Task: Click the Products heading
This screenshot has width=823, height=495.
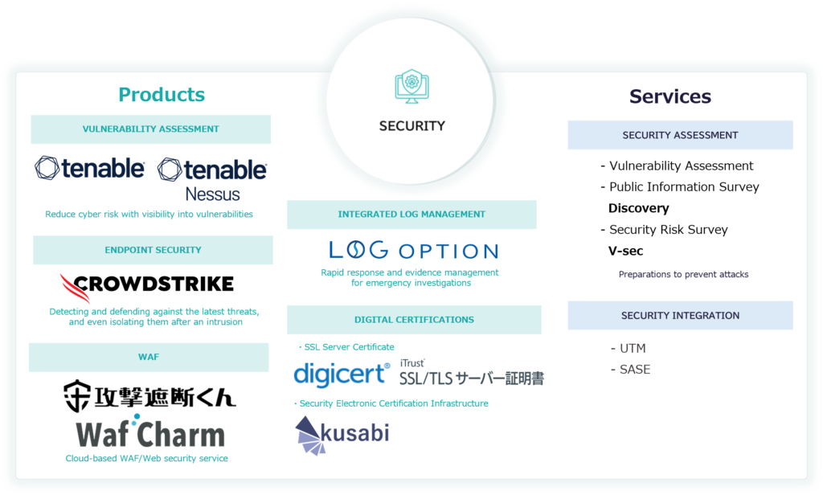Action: point(162,95)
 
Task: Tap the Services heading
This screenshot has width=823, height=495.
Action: point(670,96)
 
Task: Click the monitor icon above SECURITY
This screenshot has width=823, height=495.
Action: point(411,86)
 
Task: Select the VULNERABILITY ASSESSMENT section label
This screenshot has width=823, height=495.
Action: point(151,129)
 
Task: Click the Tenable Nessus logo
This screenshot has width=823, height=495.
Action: point(212,178)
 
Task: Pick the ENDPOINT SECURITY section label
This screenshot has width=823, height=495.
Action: point(153,250)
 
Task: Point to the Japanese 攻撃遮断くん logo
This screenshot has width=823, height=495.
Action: point(150,395)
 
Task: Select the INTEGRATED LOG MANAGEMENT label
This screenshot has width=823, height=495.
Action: point(411,215)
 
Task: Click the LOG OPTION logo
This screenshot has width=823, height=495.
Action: point(413,250)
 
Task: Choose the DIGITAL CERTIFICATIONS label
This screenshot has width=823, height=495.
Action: point(414,319)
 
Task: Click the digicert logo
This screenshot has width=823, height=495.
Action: point(342,374)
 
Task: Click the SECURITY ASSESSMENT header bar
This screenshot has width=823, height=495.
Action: point(680,135)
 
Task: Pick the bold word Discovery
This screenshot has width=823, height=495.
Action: point(638,208)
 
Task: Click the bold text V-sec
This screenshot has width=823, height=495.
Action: point(626,251)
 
